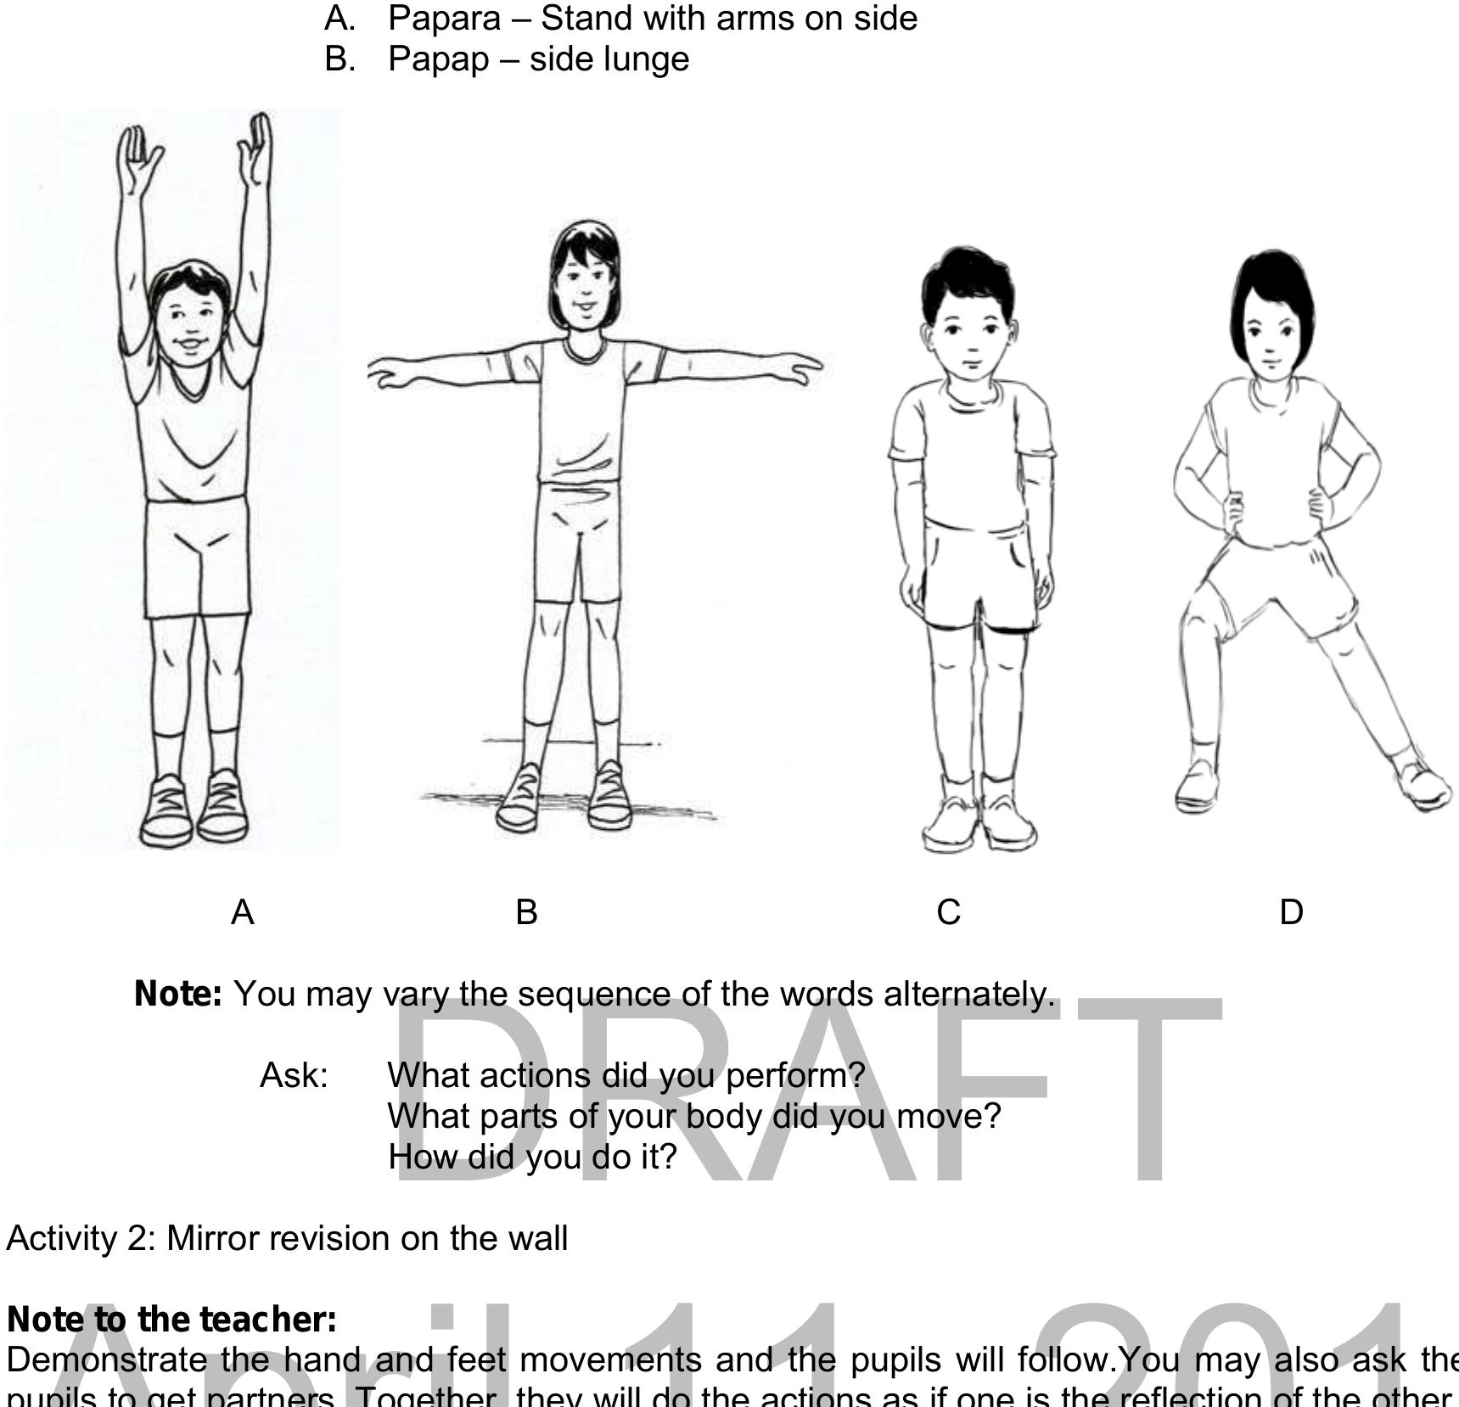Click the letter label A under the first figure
[243, 912]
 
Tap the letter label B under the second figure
[526, 912]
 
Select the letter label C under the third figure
[949, 912]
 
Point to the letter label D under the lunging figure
[1291, 912]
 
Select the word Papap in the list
[438, 59]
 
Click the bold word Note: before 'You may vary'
[178, 994]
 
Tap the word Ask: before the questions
[294, 1076]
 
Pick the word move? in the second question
[949, 1117]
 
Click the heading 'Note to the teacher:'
[171, 1320]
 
